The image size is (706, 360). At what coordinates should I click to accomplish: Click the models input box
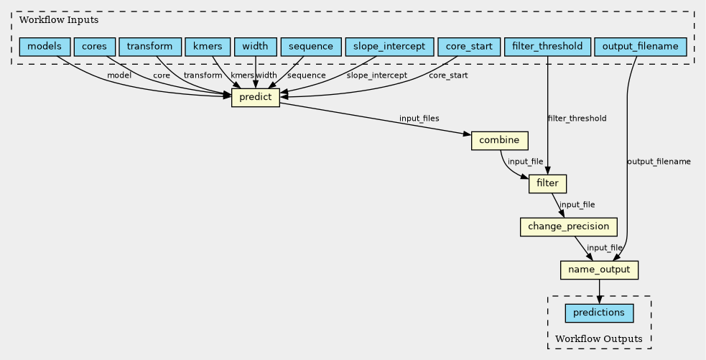coord(45,47)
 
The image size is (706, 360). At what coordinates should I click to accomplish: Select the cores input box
coord(95,47)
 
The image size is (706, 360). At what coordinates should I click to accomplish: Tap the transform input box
coord(150,47)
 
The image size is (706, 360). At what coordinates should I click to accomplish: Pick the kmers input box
coord(208,47)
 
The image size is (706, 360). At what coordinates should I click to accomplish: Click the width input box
coord(255,47)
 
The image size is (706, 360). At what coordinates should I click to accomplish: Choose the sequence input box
coord(311,47)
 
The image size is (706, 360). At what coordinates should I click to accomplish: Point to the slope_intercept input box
coord(389,47)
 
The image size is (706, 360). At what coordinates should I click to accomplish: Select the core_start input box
coord(469,47)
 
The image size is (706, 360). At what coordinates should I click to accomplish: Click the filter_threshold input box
coord(547,47)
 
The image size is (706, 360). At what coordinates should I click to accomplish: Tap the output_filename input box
coord(640,47)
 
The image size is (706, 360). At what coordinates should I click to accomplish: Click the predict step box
coord(256,97)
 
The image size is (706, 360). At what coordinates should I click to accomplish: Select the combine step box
coord(499,141)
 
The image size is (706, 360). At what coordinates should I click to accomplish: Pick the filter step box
coord(547,183)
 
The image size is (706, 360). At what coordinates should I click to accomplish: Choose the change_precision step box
coord(568,226)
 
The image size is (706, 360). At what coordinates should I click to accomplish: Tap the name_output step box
coord(599,270)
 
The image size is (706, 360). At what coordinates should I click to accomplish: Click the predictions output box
coord(599,313)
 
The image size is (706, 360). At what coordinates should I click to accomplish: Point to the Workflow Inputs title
coord(58,20)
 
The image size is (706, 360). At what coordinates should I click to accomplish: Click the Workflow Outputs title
coord(599,339)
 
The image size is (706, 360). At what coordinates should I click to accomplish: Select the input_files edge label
coord(419,119)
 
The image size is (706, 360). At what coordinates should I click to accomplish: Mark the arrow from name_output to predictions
coord(599,292)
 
